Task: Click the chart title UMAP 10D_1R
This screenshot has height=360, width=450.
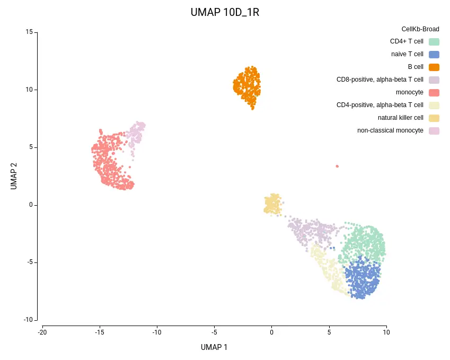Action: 225,12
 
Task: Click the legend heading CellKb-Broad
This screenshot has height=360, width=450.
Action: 420,29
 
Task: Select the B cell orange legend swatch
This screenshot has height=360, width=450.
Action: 434,67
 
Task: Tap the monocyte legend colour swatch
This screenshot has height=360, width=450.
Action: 434,92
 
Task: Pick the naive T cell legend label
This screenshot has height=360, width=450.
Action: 407,54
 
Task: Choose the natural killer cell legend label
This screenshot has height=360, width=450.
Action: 400,118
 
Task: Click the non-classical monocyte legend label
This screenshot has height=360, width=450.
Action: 390,130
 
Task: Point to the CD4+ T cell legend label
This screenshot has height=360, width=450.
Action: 407,41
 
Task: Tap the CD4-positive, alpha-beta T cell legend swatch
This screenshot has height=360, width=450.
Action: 434,105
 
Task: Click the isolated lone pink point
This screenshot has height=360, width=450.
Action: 337,166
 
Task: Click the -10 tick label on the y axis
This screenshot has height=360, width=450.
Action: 28,320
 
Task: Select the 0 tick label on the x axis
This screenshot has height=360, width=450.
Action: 271,332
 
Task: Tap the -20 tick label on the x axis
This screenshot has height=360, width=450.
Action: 42,332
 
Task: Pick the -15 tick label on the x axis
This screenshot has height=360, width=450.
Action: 99,332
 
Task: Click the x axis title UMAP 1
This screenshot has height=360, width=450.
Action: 214,347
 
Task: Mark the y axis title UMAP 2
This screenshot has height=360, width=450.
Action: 14,175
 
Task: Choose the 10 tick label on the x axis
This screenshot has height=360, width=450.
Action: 386,332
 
